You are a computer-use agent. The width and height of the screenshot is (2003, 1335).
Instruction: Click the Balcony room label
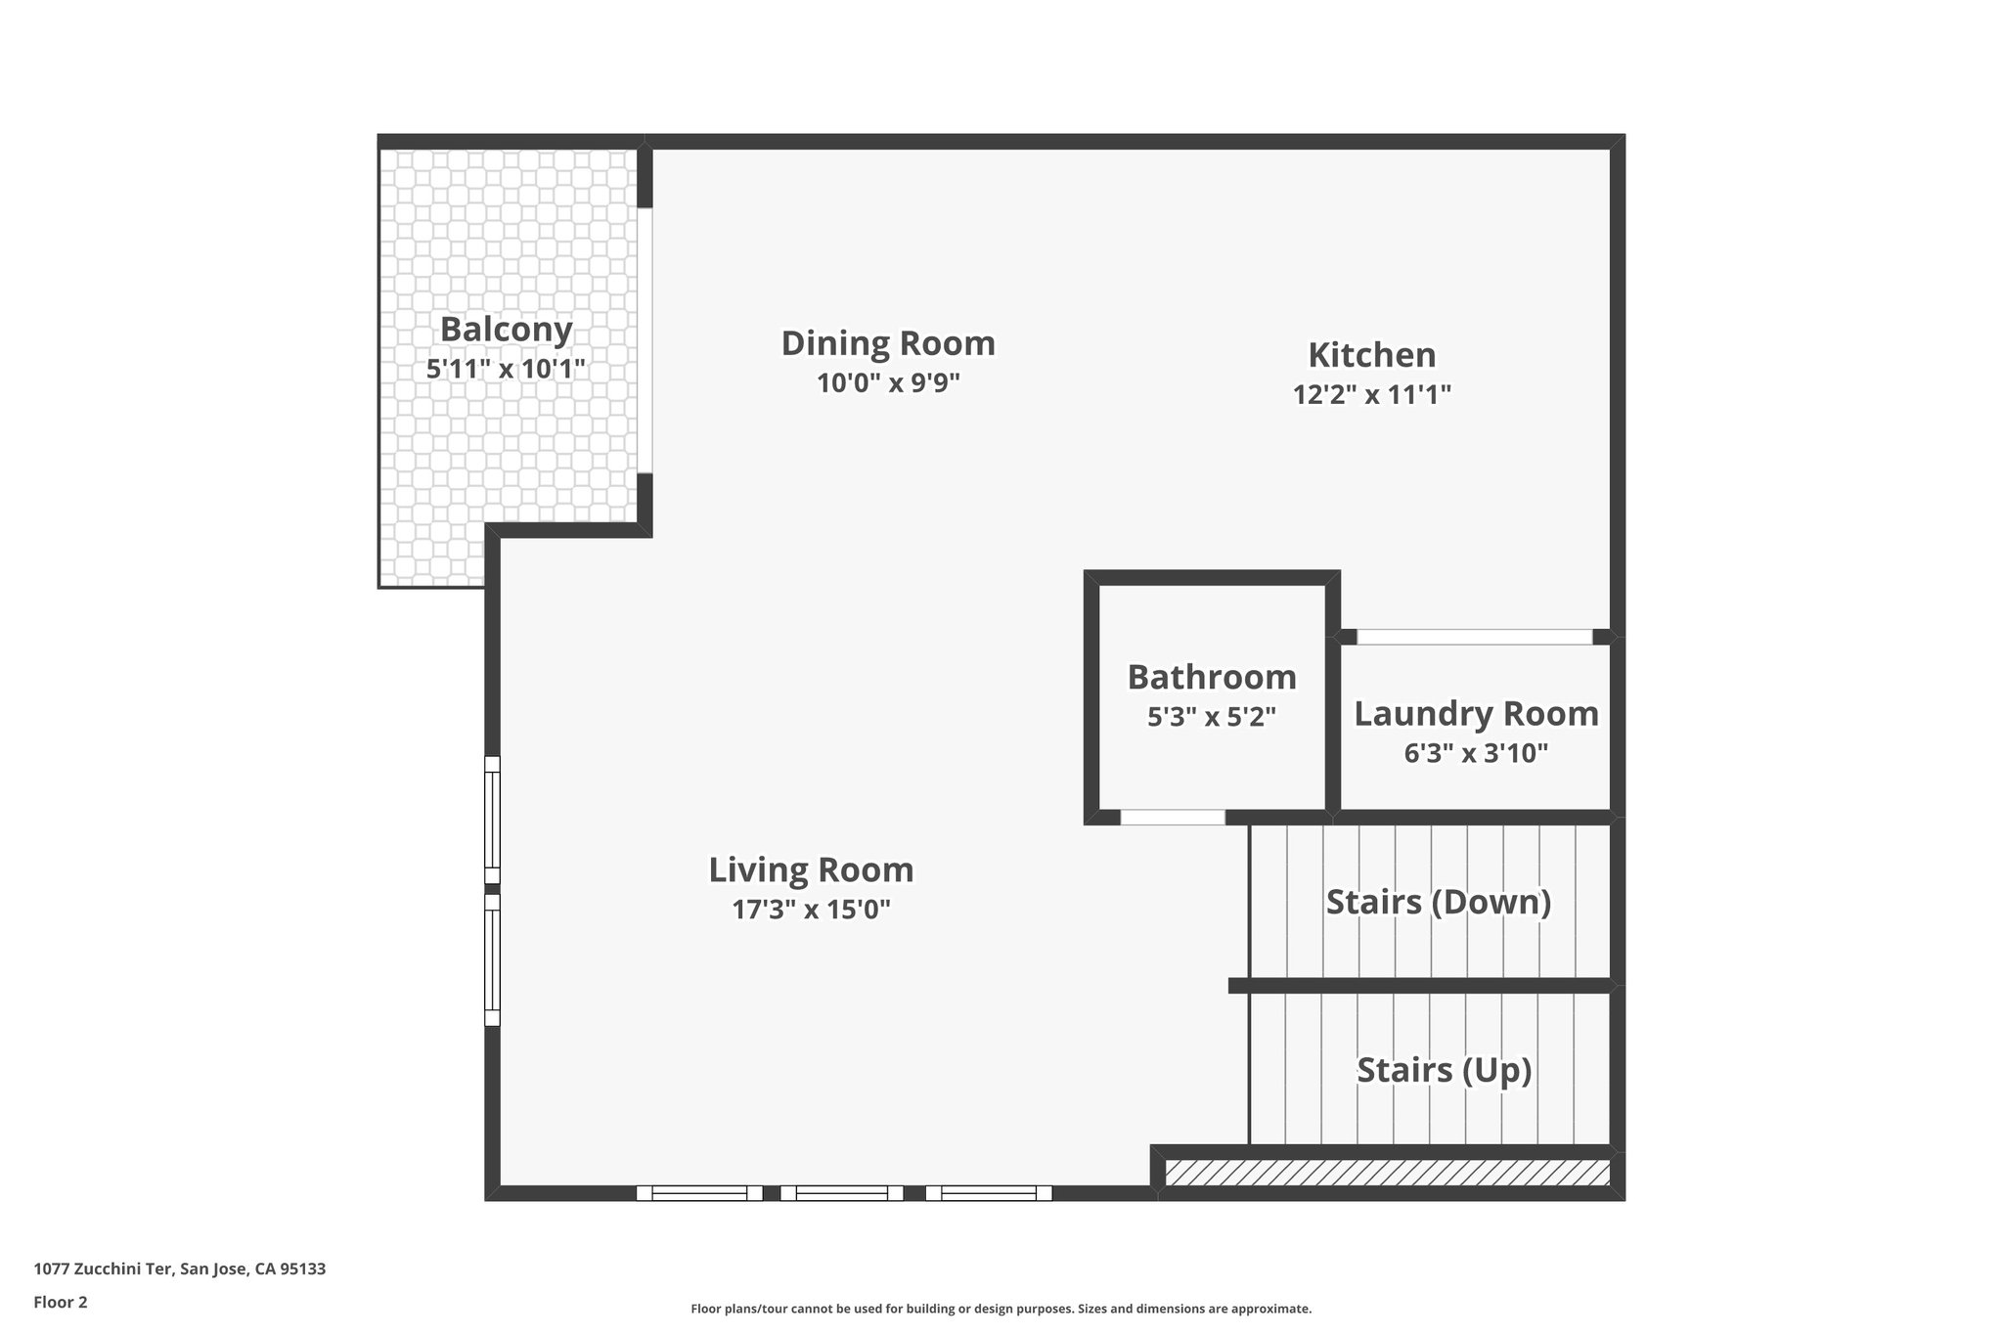[x=506, y=330]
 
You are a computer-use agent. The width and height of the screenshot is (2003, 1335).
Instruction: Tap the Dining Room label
[x=888, y=343]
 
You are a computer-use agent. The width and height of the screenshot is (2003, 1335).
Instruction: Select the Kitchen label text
[x=1371, y=354]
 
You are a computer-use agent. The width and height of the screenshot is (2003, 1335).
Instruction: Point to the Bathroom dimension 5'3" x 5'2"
[x=1212, y=717]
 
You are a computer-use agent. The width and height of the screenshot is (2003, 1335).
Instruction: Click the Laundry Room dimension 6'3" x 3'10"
[x=1476, y=753]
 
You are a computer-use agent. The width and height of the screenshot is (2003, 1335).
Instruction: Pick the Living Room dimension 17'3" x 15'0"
[x=811, y=910]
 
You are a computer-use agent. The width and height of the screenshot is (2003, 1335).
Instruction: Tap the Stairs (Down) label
[x=1438, y=901]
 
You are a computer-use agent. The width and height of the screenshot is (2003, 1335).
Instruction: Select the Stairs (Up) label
[x=1444, y=1070]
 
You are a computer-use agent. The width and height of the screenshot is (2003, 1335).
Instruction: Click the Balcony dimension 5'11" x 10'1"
[x=506, y=369]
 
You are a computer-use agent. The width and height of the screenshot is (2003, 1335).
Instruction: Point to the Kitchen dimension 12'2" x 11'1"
[x=1371, y=394]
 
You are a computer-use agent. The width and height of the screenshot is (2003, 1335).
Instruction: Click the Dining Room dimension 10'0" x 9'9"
[x=888, y=382]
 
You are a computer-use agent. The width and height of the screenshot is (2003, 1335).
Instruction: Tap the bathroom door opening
[x=1172, y=817]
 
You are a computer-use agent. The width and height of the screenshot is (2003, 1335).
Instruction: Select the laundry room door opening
[x=1474, y=637]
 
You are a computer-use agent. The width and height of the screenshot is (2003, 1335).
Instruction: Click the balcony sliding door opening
[x=645, y=340]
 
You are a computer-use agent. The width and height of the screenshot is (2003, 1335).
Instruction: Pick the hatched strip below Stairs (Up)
[x=1387, y=1173]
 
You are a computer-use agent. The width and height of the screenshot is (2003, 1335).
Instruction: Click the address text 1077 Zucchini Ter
[x=179, y=1269]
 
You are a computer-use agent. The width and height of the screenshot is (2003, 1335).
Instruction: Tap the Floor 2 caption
[x=61, y=1302]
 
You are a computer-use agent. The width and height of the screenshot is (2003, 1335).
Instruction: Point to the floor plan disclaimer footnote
[x=1001, y=1309]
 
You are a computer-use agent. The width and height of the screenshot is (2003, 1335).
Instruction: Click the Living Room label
[x=811, y=869]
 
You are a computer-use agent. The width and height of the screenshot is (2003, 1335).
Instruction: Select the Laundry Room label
[x=1476, y=713]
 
